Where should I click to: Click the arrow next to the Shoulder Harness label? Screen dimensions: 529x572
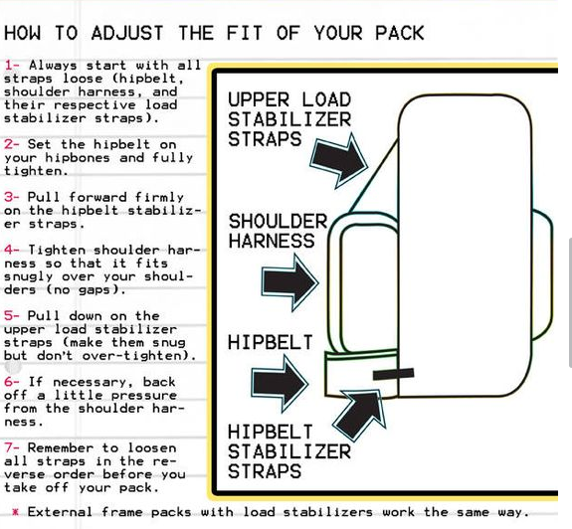pyautogui.click(x=289, y=281)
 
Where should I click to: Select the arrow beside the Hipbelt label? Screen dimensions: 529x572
pyautogui.click(x=280, y=384)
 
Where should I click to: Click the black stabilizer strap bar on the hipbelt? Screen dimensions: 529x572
pyautogui.click(x=393, y=375)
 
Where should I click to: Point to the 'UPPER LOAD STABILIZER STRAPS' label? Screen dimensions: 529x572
pyautogui.click(x=289, y=119)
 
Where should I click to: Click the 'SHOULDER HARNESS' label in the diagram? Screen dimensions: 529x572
pyautogui.click(x=278, y=231)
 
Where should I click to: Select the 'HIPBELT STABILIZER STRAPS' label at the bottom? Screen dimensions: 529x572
pyautogui.click(x=289, y=451)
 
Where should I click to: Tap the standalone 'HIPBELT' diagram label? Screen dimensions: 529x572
pyautogui.click(x=270, y=343)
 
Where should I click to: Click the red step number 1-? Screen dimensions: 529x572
pyautogui.click(x=11, y=66)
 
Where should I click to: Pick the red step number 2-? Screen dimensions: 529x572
pyautogui.click(x=11, y=144)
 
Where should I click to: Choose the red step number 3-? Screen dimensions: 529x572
pyautogui.click(x=11, y=197)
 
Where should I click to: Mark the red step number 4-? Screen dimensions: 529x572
pyautogui.click(x=11, y=251)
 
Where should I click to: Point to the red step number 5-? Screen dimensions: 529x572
pyautogui.click(x=11, y=316)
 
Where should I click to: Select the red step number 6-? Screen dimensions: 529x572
pyautogui.click(x=11, y=382)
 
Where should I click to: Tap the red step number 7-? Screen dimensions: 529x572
pyautogui.click(x=11, y=448)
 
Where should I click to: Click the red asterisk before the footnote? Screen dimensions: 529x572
pyautogui.click(x=15, y=512)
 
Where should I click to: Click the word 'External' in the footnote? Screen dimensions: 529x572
pyautogui.click(x=66, y=512)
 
